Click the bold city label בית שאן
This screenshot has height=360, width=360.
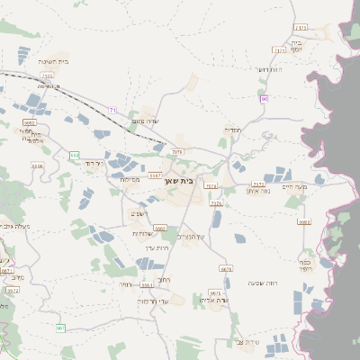(x=181, y=180)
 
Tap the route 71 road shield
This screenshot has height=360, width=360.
(x=112, y=110)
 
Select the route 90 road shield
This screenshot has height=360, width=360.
(x=265, y=98)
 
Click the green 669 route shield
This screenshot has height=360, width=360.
(x=74, y=157)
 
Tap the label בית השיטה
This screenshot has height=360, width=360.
(x=54, y=61)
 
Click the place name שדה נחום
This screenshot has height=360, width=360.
(x=145, y=121)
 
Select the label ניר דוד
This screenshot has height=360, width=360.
(x=94, y=164)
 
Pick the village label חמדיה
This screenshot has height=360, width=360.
(x=232, y=130)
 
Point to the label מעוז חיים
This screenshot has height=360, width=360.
(x=294, y=186)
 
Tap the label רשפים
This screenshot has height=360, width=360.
(x=138, y=213)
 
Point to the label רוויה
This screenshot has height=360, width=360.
(x=125, y=283)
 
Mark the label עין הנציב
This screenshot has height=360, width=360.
(x=191, y=236)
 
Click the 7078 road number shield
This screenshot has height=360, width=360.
(x=177, y=152)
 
